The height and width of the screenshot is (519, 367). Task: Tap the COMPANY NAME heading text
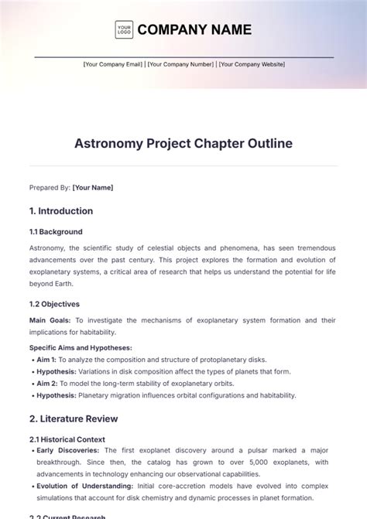point(194,30)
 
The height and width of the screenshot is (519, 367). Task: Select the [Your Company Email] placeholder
point(113,65)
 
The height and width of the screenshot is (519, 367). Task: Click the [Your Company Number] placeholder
point(180,65)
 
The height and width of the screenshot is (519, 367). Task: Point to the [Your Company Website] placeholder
point(251,65)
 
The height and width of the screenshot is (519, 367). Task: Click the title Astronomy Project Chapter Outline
point(183,144)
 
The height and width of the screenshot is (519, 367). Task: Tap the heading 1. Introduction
point(61,211)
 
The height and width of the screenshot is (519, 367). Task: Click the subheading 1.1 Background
point(56,231)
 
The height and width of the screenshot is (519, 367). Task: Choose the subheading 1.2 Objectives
point(54,304)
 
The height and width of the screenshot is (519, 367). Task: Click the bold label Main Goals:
point(50,320)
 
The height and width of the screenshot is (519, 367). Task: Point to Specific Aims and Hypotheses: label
point(81,348)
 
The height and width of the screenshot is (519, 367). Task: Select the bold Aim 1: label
point(46,360)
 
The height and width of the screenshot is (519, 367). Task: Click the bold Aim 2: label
point(46,383)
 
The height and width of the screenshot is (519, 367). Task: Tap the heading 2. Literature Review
point(74,418)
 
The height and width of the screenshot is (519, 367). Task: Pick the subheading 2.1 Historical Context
point(67,439)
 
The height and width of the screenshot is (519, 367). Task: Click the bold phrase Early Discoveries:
point(67,450)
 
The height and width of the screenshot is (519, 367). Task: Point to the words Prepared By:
point(50,186)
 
